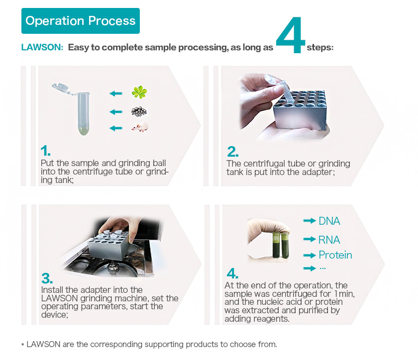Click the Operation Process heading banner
[x=80, y=21]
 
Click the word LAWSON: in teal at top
[x=42, y=48]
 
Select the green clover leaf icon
[x=139, y=92]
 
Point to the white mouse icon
[x=139, y=127]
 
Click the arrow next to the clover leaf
[x=116, y=93]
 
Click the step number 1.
[x=45, y=151]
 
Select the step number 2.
[x=233, y=151]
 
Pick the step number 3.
[x=47, y=277]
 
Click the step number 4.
[x=232, y=273]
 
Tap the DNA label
[x=329, y=221]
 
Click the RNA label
[x=329, y=240]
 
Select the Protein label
[x=335, y=255]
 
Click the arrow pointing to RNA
[x=310, y=240]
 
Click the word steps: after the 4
[x=320, y=48]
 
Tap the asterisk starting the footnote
[x=22, y=345]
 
